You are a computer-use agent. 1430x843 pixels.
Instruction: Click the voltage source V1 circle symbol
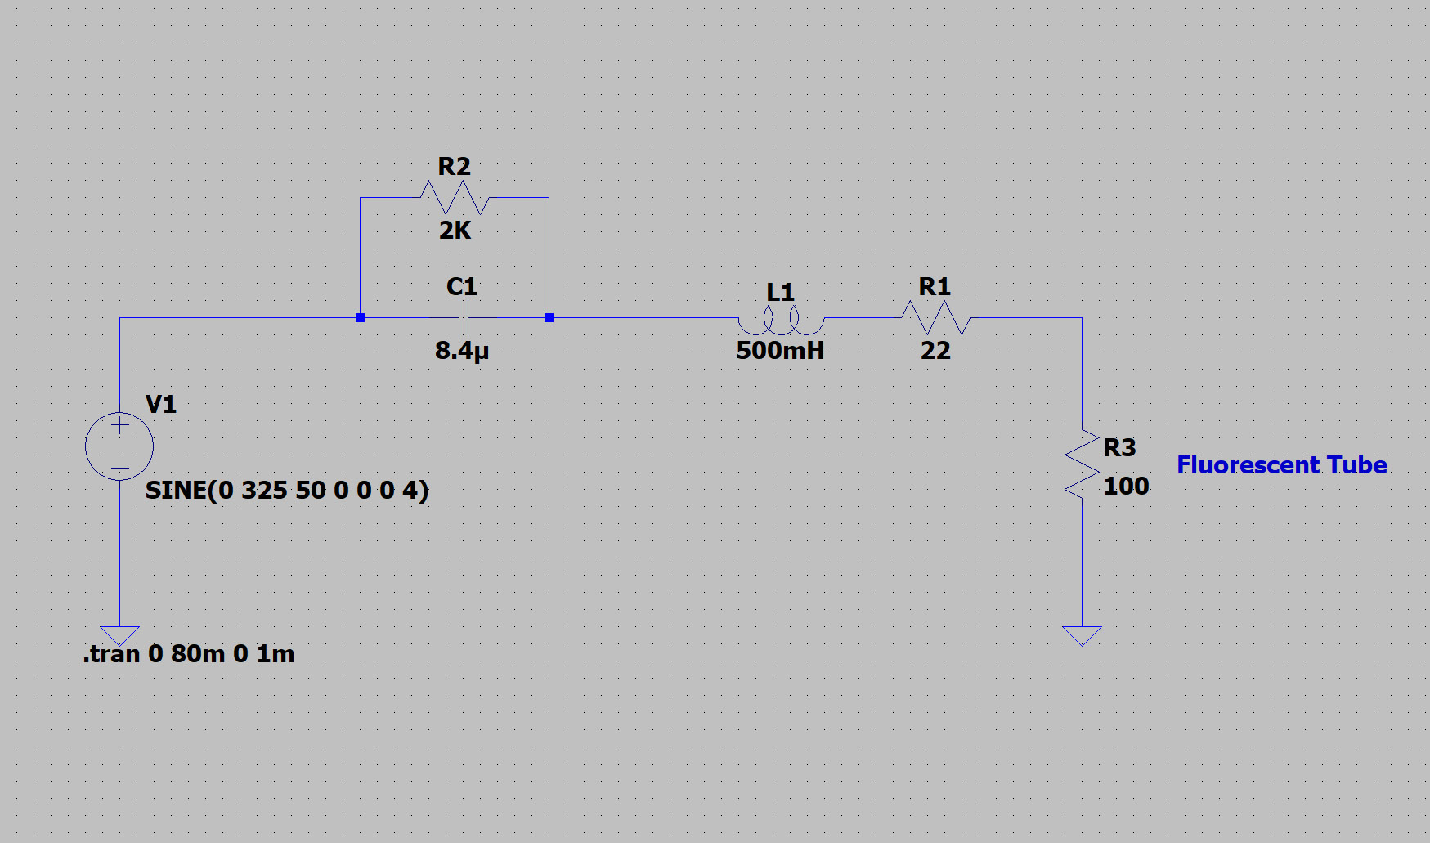(x=119, y=446)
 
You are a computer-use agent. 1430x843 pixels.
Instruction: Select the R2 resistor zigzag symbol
(x=455, y=197)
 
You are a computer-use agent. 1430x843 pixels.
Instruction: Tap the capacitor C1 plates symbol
(x=463, y=317)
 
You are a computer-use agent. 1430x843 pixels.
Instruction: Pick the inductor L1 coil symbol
(x=781, y=321)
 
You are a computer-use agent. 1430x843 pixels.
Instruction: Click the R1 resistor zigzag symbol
(x=935, y=317)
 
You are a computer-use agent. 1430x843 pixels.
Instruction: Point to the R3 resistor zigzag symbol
(x=1082, y=464)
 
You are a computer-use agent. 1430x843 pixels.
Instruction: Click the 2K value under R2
(x=455, y=231)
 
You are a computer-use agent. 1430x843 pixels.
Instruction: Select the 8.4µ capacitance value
(x=462, y=351)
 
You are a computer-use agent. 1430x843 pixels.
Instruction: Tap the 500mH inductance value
(x=780, y=351)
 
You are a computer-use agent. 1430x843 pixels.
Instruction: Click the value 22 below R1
(x=935, y=351)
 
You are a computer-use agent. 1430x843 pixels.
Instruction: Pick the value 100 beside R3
(x=1126, y=487)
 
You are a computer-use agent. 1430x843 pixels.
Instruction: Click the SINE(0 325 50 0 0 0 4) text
(x=287, y=491)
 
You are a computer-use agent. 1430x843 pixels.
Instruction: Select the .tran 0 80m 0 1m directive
(x=189, y=654)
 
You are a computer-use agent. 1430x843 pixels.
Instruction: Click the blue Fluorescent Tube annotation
(x=1281, y=465)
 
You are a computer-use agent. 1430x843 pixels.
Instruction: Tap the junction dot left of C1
(x=360, y=317)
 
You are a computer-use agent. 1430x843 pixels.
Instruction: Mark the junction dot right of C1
(x=549, y=317)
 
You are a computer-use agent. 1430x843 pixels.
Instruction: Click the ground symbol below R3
(x=1082, y=635)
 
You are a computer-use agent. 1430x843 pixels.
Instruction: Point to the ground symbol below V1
(x=120, y=635)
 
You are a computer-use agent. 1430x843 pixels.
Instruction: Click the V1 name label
(x=160, y=404)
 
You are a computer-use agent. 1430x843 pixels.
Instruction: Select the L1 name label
(x=780, y=292)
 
